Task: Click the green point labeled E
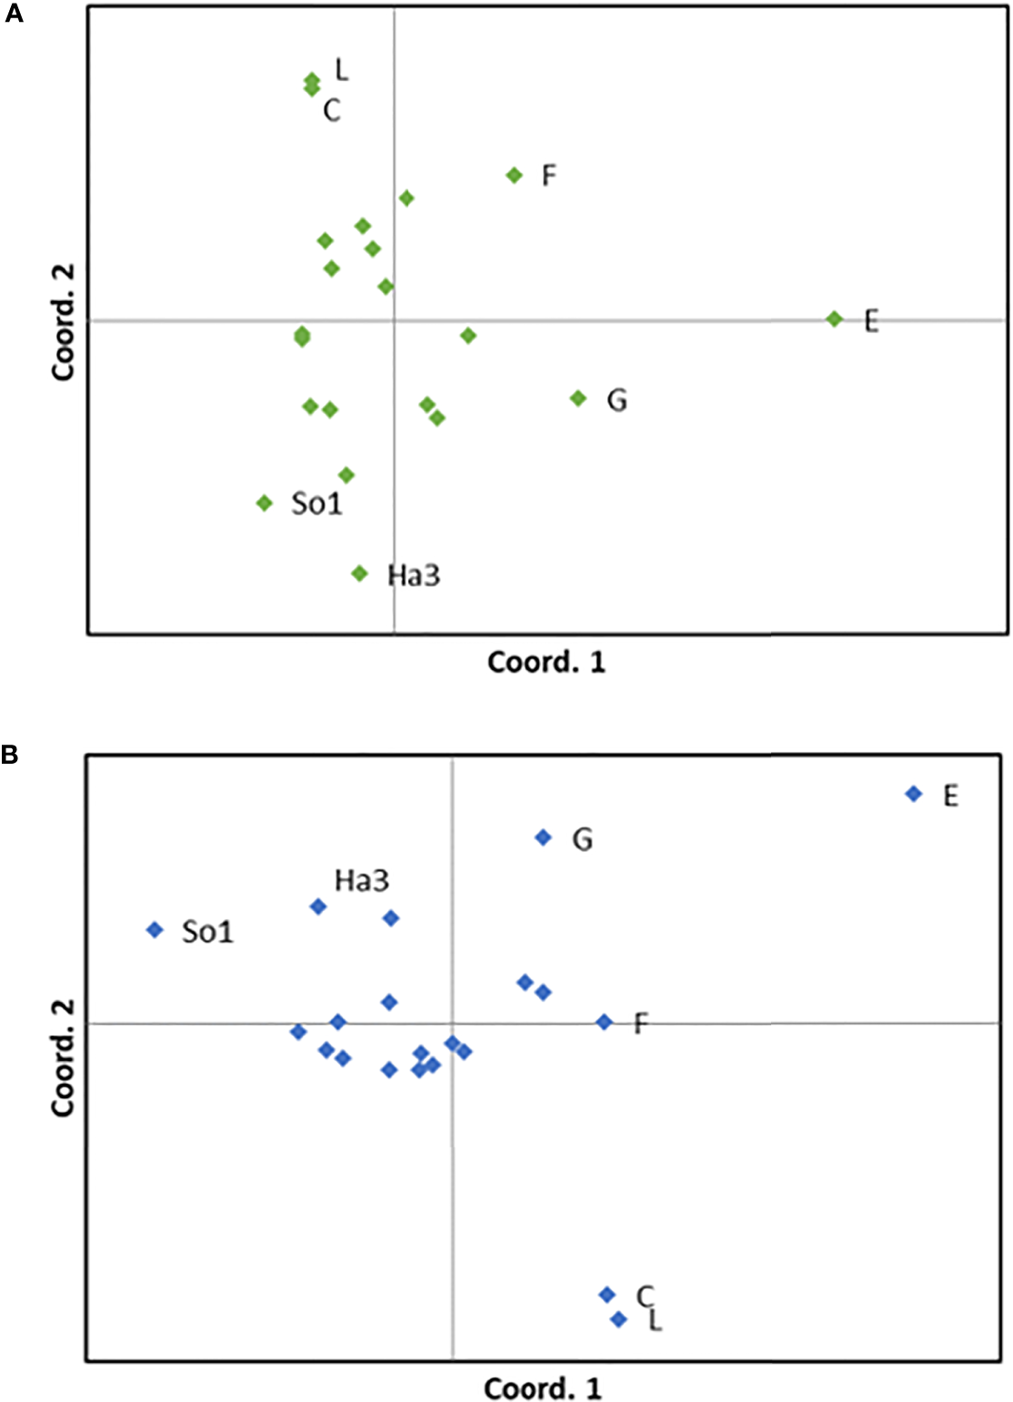(834, 319)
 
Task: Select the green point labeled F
(514, 175)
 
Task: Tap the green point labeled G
(577, 398)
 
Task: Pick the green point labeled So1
(264, 503)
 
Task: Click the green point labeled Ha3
(359, 574)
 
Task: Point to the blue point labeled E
(913, 794)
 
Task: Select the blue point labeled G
(543, 837)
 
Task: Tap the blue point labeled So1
(155, 929)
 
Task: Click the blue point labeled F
(604, 1022)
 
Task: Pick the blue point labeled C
(607, 1295)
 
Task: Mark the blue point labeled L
(618, 1319)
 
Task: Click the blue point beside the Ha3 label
(318, 906)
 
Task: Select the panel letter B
(10, 755)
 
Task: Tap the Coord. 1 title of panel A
(546, 662)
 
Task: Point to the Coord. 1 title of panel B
(542, 1388)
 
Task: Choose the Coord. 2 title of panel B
(63, 1058)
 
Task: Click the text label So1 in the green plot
(316, 504)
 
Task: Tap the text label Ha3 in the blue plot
(361, 880)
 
